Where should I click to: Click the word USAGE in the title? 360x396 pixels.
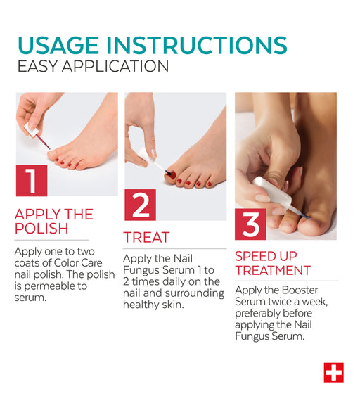58,46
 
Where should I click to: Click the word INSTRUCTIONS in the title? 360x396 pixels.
197,46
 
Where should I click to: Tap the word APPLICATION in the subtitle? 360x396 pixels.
115,66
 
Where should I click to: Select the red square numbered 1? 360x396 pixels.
32,180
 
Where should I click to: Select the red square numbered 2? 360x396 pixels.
140,205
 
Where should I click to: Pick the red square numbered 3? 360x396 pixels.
250,224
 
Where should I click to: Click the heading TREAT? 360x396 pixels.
146,238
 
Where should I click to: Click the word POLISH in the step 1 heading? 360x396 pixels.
41,229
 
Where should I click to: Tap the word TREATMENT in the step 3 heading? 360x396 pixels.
273,271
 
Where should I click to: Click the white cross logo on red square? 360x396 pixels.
334,373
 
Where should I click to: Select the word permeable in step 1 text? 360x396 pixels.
56,286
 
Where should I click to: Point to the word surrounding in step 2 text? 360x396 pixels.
195,293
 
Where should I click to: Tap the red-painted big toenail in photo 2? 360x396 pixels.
172,174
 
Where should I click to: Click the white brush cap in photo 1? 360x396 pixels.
32,130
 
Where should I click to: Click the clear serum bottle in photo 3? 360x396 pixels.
272,193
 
